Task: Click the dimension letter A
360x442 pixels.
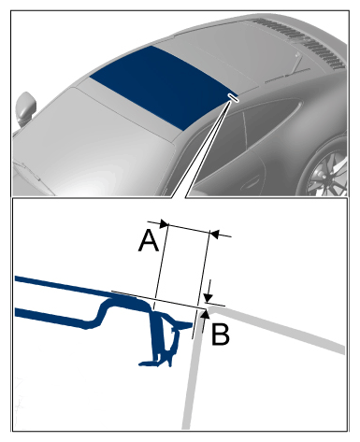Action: click(149, 242)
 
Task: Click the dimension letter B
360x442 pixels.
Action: click(221, 335)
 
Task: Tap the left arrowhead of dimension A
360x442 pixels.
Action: click(164, 223)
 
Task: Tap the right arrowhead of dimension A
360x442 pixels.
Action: click(215, 234)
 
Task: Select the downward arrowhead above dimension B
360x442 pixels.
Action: click(209, 297)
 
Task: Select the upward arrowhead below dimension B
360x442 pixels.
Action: click(205, 314)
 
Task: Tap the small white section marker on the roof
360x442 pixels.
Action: click(233, 97)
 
